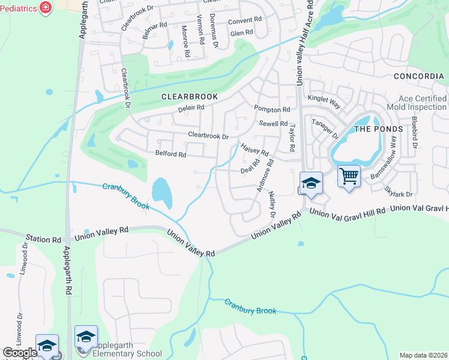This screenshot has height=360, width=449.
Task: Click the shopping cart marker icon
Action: [349, 176]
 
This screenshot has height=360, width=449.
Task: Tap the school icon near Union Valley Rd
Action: [311, 183]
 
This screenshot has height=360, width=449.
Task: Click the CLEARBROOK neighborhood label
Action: [188, 96]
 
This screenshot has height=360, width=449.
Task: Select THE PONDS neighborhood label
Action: [376, 129]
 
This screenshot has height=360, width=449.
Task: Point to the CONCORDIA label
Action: [418, 76]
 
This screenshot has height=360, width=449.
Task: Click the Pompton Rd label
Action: [271, 109]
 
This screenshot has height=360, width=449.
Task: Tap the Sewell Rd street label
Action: [273, 123]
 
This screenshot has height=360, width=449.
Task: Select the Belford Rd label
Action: [170, 154]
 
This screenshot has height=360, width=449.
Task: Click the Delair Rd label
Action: [191, 108]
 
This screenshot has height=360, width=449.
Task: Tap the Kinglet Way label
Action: [324, 100]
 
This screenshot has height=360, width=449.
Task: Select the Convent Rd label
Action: [245, 20]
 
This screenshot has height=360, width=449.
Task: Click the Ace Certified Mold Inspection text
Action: [414, 103]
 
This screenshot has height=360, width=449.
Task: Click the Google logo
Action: [19, 352]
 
